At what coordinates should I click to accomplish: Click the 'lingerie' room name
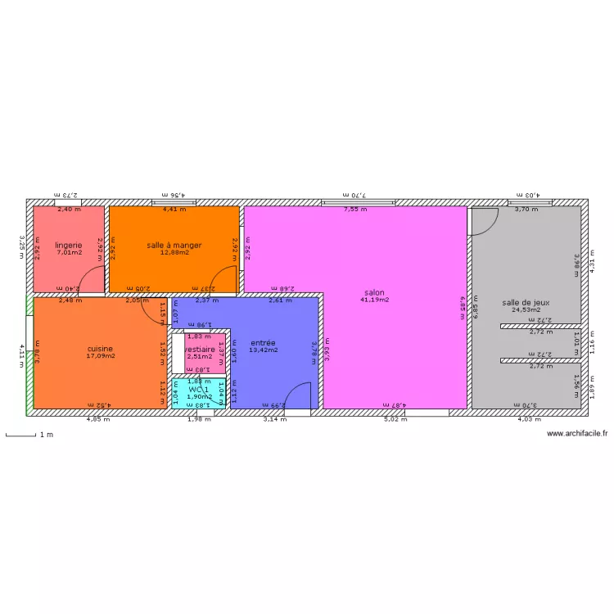[69, 245]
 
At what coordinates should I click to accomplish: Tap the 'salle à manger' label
[174, 245]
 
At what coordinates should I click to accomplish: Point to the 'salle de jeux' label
[526, 302]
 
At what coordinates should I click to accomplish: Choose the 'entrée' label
[263, 342]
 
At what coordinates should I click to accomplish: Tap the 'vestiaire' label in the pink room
[200, 349]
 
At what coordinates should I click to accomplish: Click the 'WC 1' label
[199, 389]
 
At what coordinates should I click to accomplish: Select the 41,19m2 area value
[375, 300]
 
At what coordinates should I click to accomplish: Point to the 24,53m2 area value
[526, 309]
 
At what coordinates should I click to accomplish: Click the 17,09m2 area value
[101, 355]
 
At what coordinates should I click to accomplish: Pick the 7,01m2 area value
[69, 252]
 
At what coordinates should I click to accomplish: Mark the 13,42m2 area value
[263, 350]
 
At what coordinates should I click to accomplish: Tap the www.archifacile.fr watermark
[578, 434]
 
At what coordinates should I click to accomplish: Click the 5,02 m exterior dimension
[395, 420]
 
